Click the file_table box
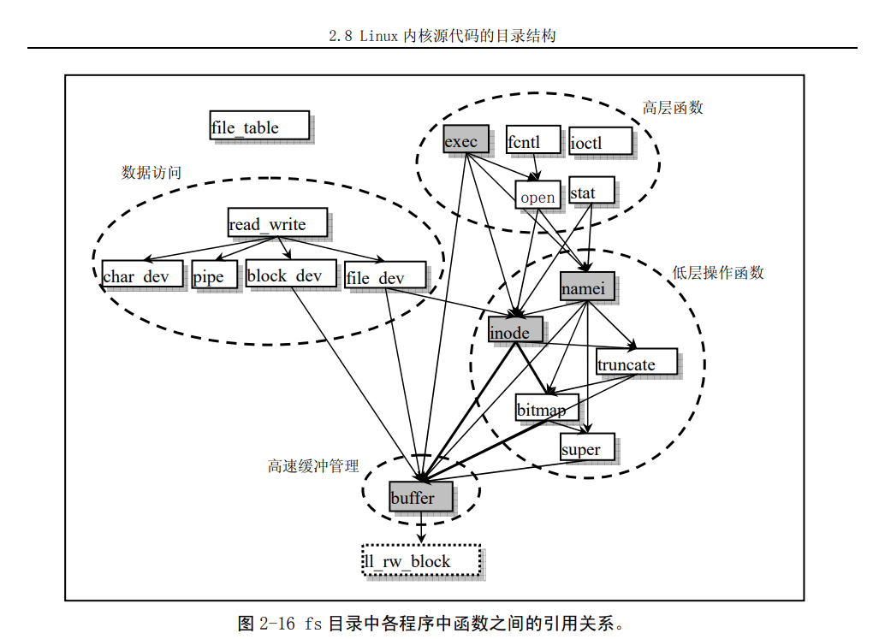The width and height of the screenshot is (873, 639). point(258,125)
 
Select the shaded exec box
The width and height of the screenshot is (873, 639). point(466,139)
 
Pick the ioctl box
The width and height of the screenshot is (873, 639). point(600,141)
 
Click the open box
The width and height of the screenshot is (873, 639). point(537,196)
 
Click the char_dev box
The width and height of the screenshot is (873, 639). point(141,275)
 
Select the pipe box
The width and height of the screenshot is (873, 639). point(213,275)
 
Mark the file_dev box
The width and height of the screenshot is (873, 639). point(384,275)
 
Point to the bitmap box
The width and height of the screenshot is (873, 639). point(546,408)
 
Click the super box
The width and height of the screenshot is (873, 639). point(586,447)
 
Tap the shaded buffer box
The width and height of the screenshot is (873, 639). point(419,496)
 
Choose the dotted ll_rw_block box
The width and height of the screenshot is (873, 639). point(420,560)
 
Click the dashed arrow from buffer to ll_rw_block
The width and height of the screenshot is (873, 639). point(421,528)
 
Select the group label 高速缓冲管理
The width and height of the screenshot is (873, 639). point(313,466)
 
